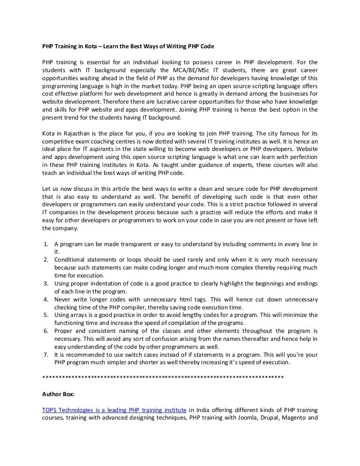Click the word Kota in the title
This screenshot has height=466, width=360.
92,47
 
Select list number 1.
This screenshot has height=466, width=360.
45,244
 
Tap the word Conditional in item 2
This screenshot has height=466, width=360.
70,259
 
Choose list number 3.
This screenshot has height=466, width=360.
45,283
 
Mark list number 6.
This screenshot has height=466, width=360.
45,331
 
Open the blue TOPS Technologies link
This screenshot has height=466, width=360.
114,410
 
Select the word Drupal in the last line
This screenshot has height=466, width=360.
267,418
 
